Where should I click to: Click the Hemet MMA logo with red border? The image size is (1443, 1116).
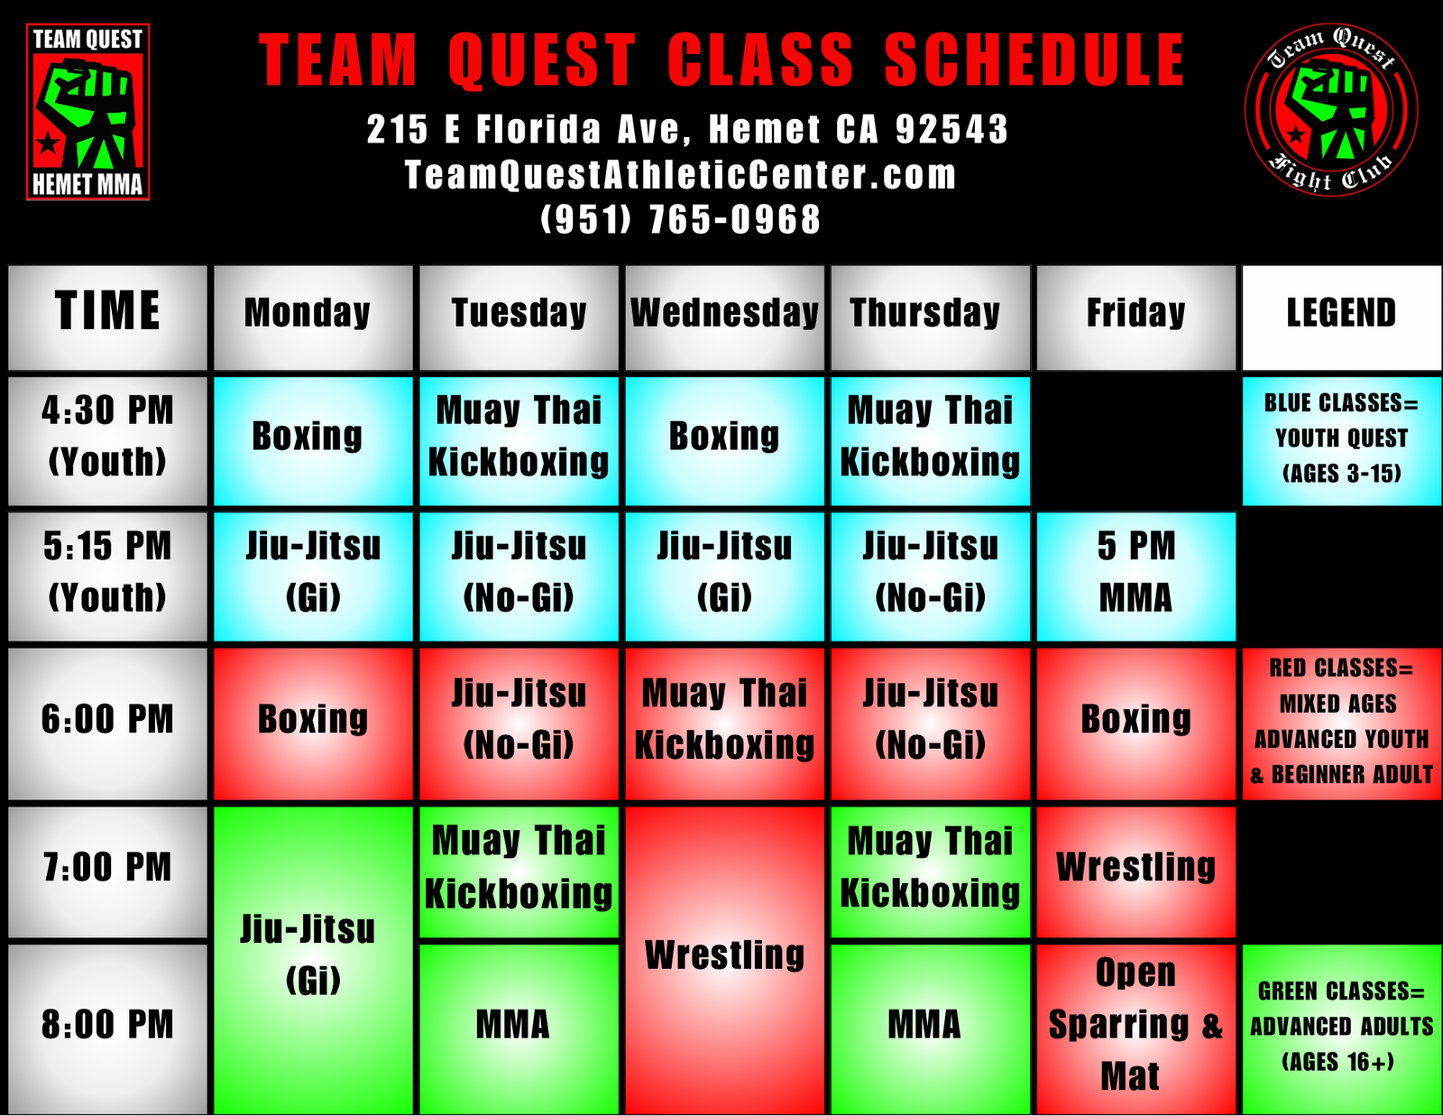(x=87, y=112)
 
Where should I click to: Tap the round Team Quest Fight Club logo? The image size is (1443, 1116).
(x=1331, y=109)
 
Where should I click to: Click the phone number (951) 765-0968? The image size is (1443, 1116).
(x=681, y=219)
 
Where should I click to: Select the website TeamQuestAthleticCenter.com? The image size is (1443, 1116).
(x=681, y=175)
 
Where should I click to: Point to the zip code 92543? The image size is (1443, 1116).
(x=951, y=129)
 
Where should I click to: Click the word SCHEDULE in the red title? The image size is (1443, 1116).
(x=1034, y=60)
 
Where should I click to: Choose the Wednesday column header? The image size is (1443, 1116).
(x=724, y=318)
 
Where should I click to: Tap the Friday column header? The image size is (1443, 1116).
(x=1136, y=318)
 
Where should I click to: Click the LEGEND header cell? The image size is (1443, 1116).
(x=1341, y=318)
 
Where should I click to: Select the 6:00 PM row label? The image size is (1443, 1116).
(x=107, y=724)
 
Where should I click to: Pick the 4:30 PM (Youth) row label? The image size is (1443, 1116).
(x=107, y=441)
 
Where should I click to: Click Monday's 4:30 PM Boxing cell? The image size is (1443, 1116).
(x=313, y=441)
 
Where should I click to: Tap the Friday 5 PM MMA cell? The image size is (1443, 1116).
(x=1136, y=576)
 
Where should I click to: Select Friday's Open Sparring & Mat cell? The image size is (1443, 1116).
(x=1136, y=1029)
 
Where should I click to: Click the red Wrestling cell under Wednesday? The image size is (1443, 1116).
(x=724, y=961)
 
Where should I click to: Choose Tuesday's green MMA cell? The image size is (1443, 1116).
(x=519, y=1029)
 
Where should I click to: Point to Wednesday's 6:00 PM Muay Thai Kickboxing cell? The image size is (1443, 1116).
(x=724, y=724)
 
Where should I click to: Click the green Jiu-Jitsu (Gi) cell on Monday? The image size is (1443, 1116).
(x=313, y=961)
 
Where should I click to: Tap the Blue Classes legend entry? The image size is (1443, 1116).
(x=1341, y=441)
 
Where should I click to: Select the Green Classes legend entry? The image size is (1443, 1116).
(x=1341, y=1029)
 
